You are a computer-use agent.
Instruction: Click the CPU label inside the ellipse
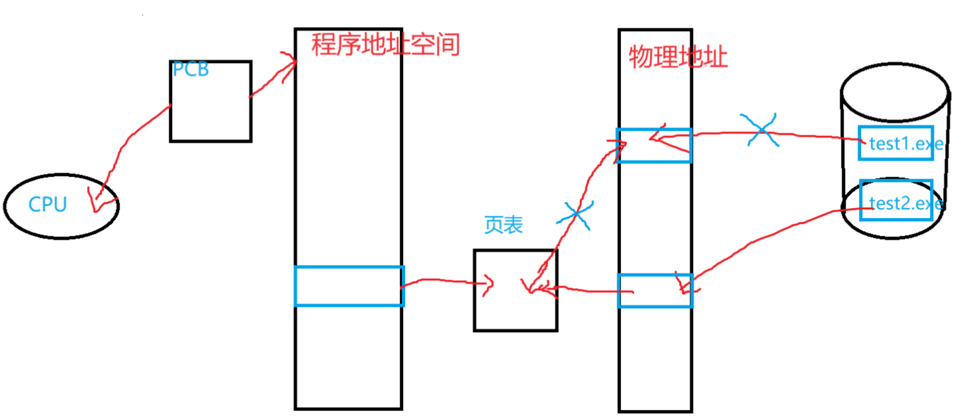[x=48, y=205]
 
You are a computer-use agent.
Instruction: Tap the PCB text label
[x=191, y=69]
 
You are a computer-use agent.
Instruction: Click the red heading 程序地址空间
[x=385, y=45]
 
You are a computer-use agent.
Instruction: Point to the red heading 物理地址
[x=678, y=58]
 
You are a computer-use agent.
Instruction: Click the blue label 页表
[x=504, y=225]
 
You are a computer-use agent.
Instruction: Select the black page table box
[x=515, y=311]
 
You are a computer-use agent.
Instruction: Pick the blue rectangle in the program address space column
[x=349, y=286]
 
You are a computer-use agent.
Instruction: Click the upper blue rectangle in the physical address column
[x=655, y=145]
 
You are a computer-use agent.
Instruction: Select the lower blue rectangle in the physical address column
[x=655, y=291]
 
